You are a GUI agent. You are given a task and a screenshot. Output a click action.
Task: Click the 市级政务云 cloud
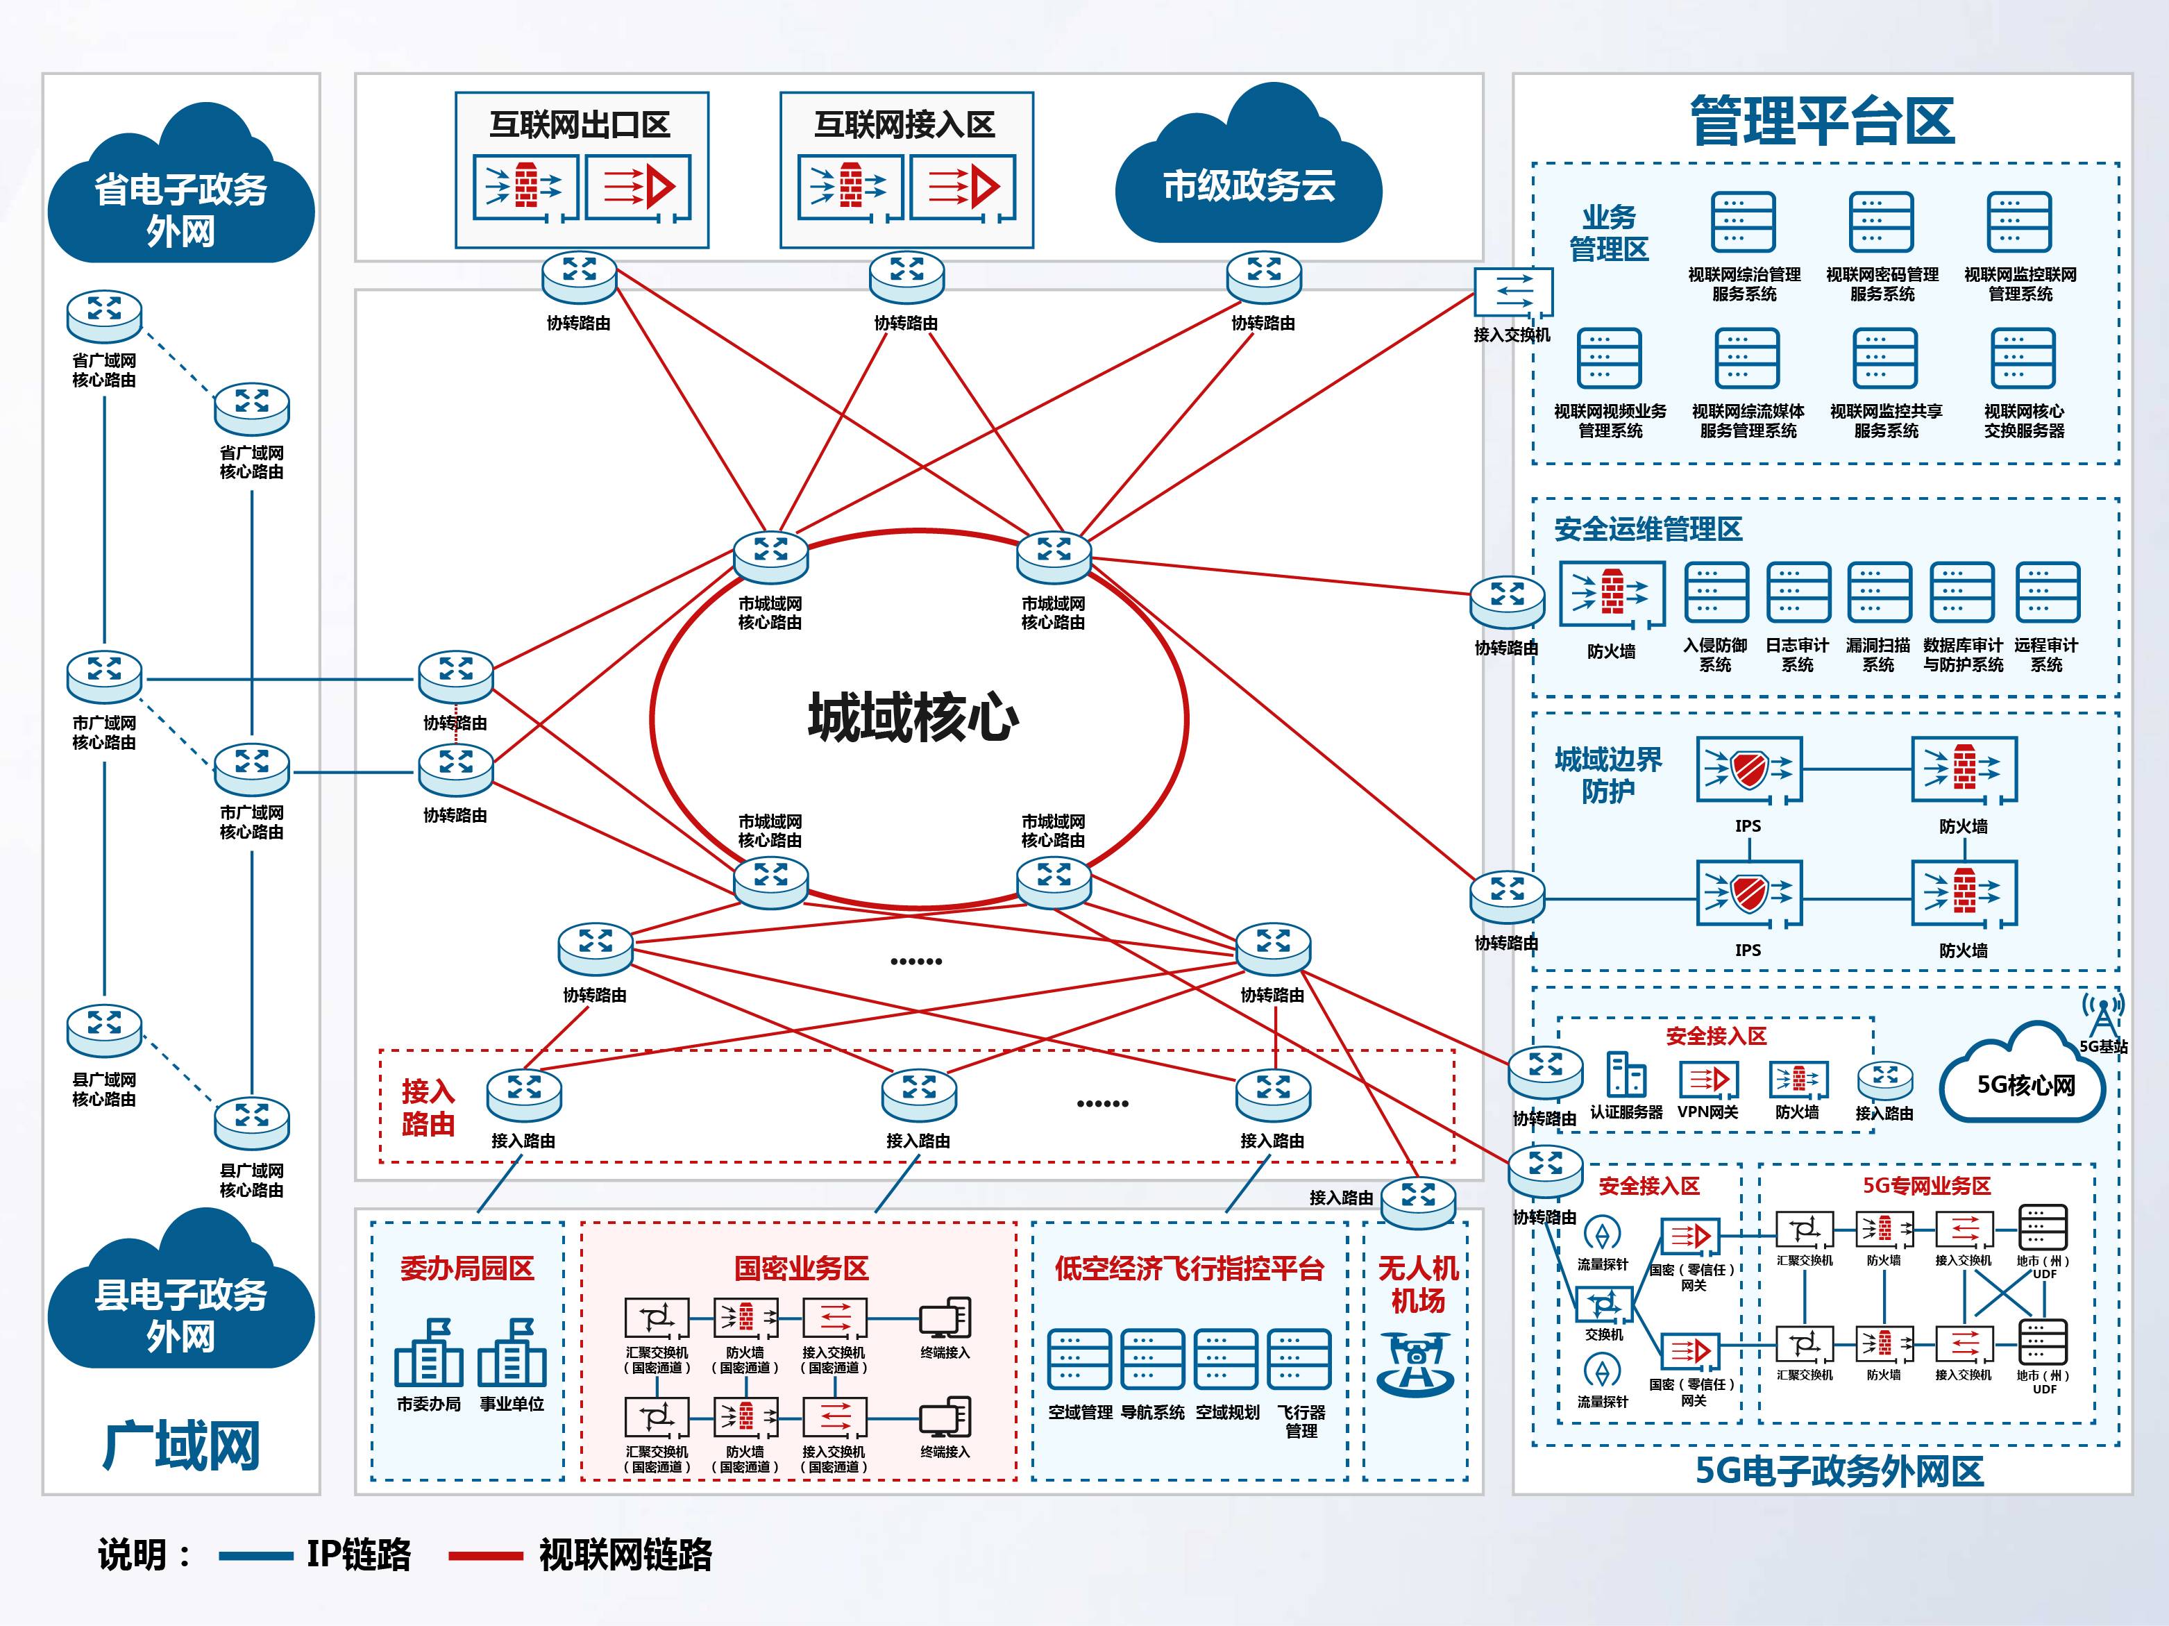click(x=1248, y=176)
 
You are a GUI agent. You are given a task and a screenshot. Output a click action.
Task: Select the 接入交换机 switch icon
click(x=1513, y=292)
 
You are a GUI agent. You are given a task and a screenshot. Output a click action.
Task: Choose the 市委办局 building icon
click(x=428, y=1355)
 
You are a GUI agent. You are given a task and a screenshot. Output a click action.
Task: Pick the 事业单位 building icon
click(x=512, y=1355)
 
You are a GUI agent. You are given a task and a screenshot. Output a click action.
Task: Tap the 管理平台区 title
click(x=1822, y=121)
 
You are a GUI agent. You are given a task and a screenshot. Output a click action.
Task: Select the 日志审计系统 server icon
click(x=1798, y=592)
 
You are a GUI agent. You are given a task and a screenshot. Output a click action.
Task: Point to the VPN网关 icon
click(x=1707, y=1079)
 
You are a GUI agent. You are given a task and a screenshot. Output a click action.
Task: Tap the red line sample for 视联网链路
click(x=485, y=1555)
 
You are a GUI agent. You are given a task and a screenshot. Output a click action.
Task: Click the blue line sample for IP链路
click(x=255, y=1555)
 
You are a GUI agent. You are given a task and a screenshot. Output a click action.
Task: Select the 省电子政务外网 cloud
click(x=180, y=201)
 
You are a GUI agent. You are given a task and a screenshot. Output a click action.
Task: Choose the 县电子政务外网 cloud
click(x=180, y=1305)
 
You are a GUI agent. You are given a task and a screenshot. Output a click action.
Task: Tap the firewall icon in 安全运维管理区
click(x=1611, y=594)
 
